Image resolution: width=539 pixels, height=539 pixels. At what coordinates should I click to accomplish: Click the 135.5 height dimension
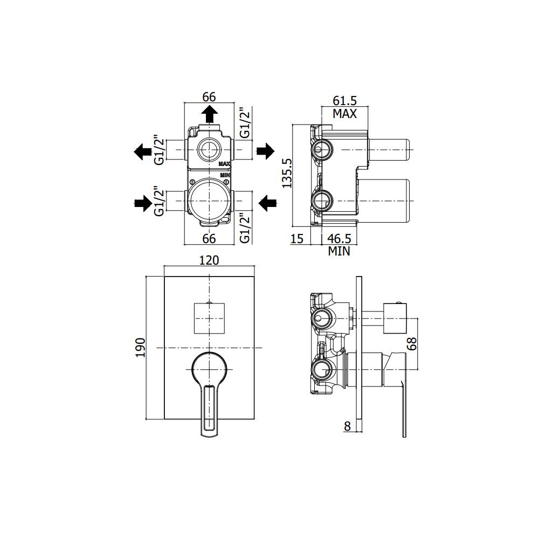[x=287, y=172]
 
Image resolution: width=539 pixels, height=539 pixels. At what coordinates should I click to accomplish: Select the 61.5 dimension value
[x=344, y=100]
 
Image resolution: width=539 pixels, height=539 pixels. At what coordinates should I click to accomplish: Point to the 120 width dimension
[x=209, y=260]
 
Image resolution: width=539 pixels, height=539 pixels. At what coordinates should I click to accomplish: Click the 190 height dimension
[x=139, y=348]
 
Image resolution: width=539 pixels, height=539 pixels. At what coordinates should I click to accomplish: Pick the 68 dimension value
[x=412, y=344]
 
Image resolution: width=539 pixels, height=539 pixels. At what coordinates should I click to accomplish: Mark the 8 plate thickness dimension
[x=347, y=426]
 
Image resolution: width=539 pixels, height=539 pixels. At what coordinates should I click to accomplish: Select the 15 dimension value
[x=297, y=238]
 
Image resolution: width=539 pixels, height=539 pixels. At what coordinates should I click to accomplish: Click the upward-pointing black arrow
[x=209, y=115]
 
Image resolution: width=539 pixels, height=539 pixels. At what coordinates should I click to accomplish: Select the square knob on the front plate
[x=209, y=318]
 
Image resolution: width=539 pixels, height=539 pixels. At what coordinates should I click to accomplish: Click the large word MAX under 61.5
[x=344, y=114]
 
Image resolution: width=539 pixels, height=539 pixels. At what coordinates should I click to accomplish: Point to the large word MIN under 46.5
[x=339, y=251]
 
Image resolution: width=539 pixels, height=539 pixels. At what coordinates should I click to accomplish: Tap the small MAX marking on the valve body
[x=225, y=163]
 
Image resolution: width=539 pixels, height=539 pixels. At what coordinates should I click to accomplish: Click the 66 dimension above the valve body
[x=209, y=97]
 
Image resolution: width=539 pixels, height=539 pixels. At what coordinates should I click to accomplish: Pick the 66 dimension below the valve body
[x=209, y=238]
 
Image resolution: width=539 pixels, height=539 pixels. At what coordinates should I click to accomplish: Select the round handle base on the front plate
[x=209, y=368]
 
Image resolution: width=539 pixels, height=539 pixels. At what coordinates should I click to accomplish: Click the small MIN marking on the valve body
[x=225, y=175]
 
